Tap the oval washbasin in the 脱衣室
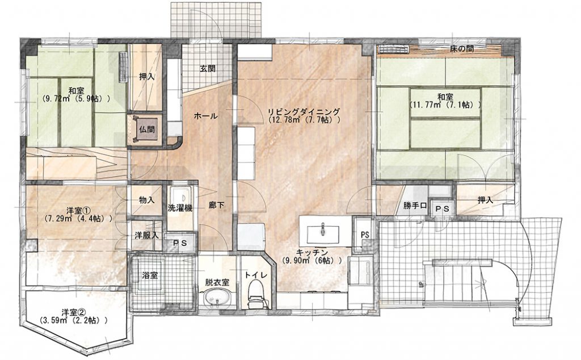click(216, 296)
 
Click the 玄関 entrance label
click(208, 69)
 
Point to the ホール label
click(205, 116)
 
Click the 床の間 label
click(461, 49)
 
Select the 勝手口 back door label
click(415, 206)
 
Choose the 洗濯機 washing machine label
click(180, 208)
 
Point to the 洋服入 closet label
click(146, 235)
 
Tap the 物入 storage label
click(146, 200)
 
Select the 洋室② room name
click(74, 311)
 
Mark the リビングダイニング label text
click(304, 111)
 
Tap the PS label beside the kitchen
click(365, 235)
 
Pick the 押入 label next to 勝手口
click(485, 200)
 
